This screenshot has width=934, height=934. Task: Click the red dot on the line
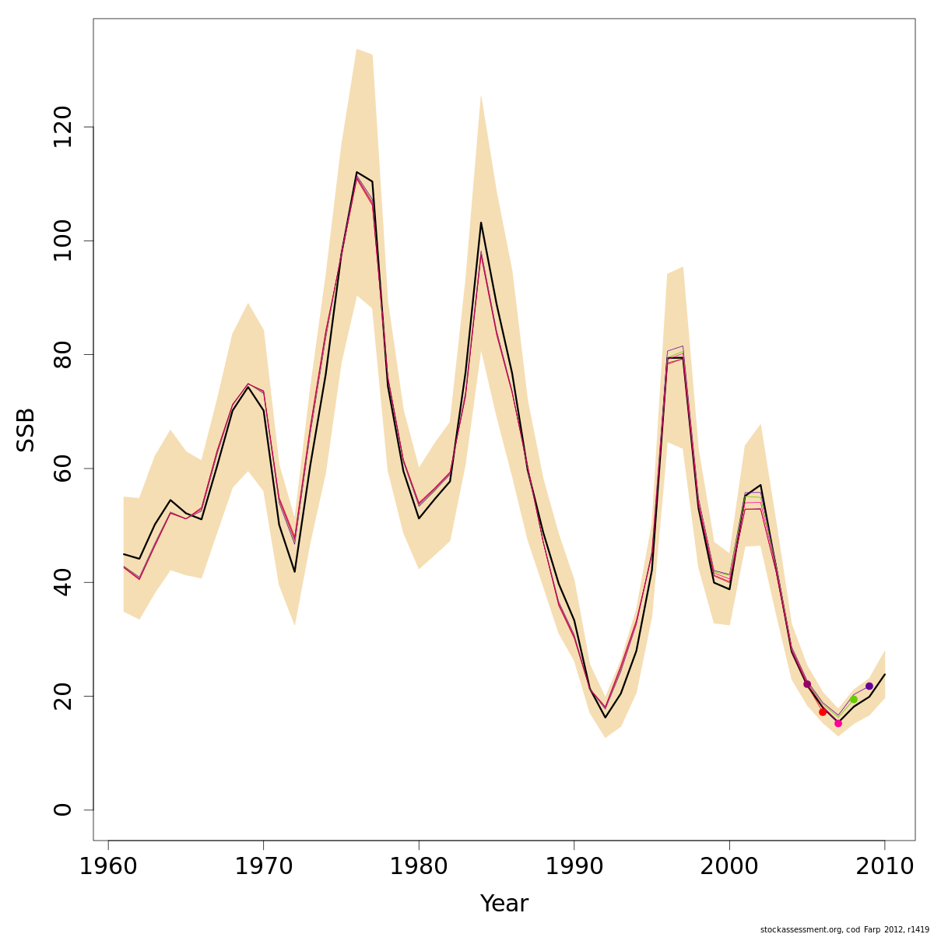coord(823,712)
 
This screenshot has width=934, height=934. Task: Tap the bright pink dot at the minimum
coord(838,723)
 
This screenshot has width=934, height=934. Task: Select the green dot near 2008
coord(854,700)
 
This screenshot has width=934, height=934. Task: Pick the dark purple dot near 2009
coord(869,686)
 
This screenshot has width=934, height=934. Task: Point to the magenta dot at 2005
coord(807,684)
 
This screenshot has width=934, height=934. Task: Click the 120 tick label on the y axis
coord(62,127)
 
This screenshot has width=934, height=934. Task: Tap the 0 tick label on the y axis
coord(62,809)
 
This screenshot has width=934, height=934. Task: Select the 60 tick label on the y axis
coord(62,469)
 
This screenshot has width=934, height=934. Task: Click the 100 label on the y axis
coord(62,241)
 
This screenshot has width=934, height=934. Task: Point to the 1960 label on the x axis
coord(108,866)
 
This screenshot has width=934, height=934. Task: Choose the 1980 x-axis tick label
coord(419,866)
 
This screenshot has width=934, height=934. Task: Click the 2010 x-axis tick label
coord(885,866)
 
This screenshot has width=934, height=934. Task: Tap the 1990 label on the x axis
coord(574,866)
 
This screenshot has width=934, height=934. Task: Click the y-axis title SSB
coord(26,429)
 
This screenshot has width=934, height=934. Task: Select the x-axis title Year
coord(504,904)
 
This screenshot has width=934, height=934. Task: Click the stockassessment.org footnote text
coord(845,929)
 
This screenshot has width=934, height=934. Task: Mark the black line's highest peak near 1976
coord(356,172)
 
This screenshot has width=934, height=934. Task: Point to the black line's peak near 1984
coord(481,223)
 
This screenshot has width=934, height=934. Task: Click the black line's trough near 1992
coord(606,717)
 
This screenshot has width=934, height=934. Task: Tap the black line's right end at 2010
coord(885,674)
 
